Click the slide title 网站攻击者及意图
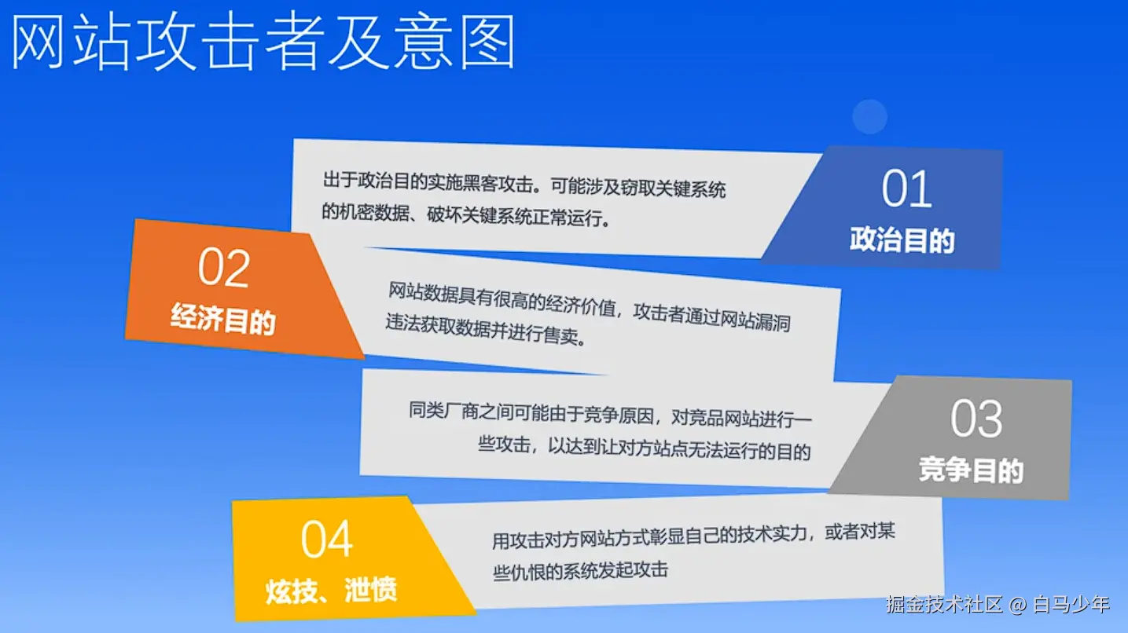point(263,42)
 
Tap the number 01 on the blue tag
point(906,188)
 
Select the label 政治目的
point(902,240)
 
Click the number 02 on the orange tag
point(224,268)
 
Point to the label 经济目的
point(223,319)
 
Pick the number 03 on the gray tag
point(976,419)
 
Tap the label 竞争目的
point(971,470)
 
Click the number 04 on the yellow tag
point(327,539)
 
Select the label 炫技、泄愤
point(332,591)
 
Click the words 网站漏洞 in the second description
point(755,320)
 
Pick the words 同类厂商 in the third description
point(443,411)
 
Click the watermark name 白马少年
point(1071,604)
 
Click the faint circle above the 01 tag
point(869,116)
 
